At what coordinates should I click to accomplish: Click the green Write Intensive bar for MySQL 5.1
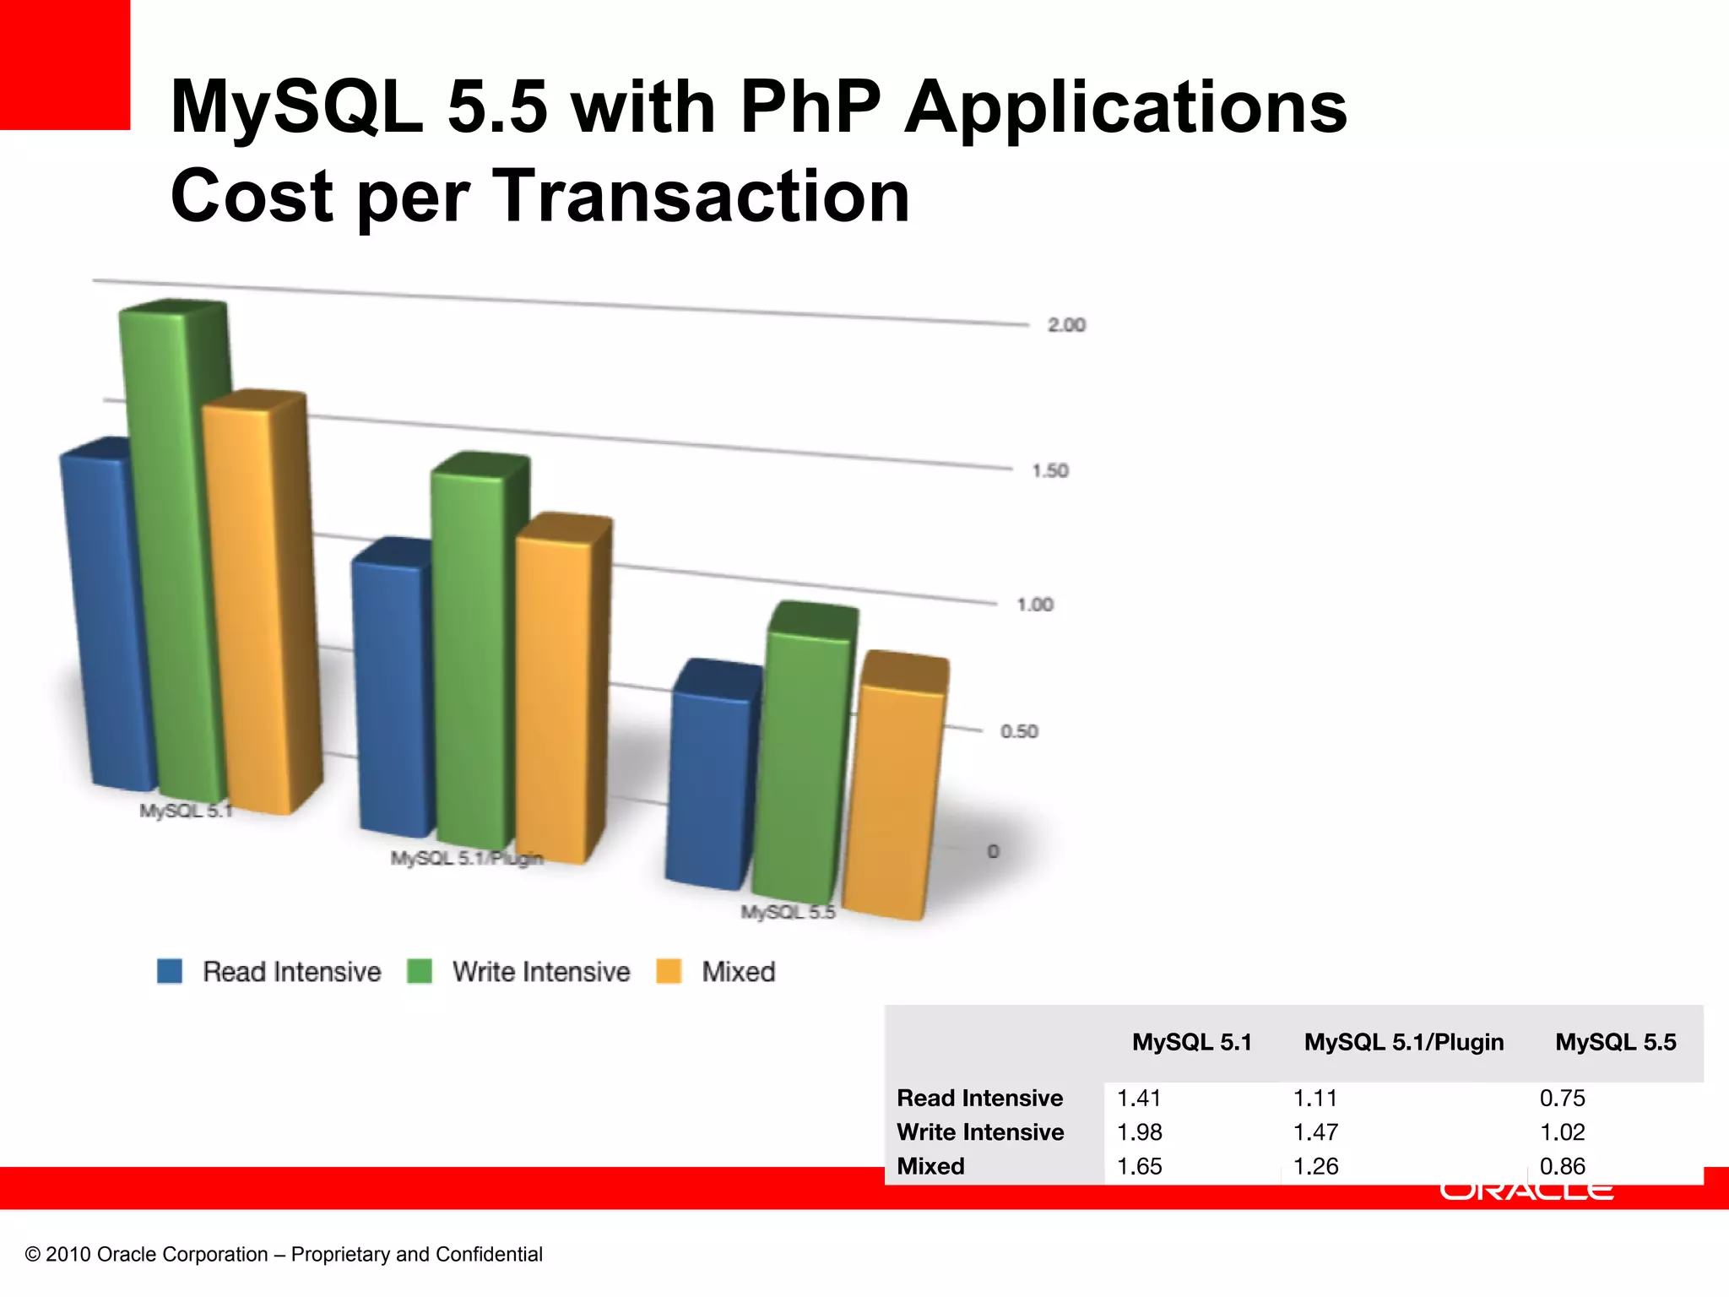[173, 549]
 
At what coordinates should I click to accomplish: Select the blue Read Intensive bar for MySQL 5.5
[711, 785]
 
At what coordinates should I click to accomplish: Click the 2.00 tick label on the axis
[1066, 325]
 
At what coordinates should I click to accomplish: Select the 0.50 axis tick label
[1019, 731]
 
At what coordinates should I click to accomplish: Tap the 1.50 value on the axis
[1050, 470]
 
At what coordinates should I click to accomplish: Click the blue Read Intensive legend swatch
[170, 971]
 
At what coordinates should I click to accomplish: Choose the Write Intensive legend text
[541, 972]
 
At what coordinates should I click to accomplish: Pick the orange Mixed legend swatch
[669, 971]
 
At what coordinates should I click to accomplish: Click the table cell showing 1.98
[1140, 1131]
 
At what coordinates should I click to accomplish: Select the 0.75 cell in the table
[1562, 1098]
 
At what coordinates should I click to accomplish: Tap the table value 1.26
[1315, 1166]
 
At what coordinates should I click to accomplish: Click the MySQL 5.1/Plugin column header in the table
[1403, 1042]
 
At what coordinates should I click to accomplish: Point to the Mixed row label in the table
[930, 1166]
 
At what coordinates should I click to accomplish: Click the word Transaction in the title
[701, 196]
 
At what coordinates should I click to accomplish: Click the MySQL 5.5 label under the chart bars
[788, 912]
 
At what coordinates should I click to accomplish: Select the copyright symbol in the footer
[33, 1255]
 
